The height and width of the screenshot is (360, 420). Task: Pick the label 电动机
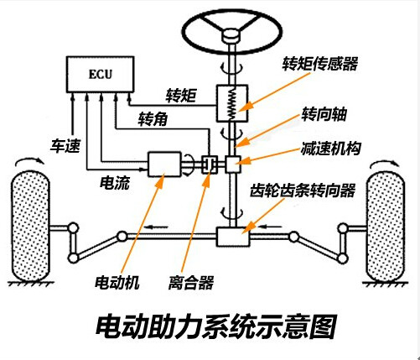click(117, 283)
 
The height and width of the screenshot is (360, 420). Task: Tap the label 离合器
click(191, 283)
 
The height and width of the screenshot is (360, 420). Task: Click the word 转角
click(153, 119)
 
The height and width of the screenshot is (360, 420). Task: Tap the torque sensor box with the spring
click(231, 105)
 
